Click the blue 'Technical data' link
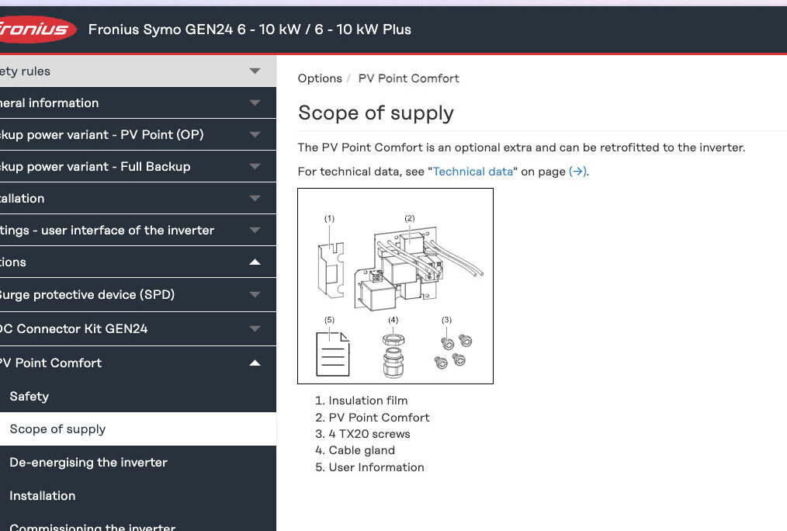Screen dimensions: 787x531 (x=473, y=172)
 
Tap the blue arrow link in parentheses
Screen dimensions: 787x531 (x=577, y=172)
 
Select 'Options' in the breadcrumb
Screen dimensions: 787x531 (x=320, y=78)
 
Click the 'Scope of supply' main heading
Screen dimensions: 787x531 (x=376, y=113)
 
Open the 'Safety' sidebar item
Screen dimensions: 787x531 (x=29, y=397)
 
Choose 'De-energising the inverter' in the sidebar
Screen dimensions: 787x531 (x=88, y=462)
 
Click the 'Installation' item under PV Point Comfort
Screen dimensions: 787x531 (x=43, y=496)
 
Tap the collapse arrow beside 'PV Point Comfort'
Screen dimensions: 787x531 (x=255, y=363)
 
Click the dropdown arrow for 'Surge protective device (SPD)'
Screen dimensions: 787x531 (x=255, y=294)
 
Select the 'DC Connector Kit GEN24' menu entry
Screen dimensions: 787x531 (x=74, y=328)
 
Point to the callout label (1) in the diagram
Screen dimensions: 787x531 (x=329, y=218)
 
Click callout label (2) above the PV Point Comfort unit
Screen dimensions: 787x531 (x=410, y=218)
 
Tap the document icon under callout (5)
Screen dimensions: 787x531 (x=332, y=354)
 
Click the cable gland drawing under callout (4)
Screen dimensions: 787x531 (x=393, y=356)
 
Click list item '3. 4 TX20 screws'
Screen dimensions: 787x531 (x=363, y=434)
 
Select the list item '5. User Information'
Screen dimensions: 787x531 (x=370, y=467)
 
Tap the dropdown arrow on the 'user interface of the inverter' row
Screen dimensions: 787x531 (x=255, y=231)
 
